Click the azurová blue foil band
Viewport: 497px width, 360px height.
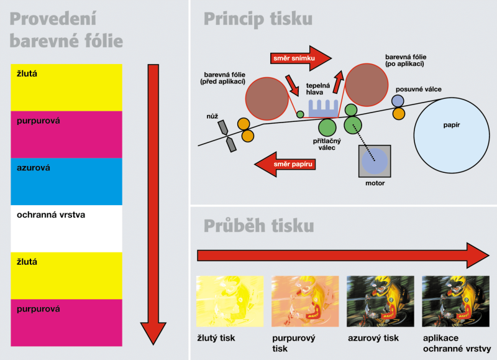point(66,181)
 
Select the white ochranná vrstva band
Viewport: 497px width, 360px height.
point(66,228)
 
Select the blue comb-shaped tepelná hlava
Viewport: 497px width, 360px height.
point(322,106)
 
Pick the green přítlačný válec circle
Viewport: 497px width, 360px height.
point(327,127)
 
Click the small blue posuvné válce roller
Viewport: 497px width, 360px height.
point(398,101)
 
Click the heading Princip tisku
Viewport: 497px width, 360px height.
point(258,19)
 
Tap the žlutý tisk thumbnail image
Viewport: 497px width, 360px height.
point(230,301)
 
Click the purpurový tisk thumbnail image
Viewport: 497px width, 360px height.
point(305,301)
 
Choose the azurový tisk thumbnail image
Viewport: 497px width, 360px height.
point(380,301)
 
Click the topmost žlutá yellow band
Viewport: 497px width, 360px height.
point(66,86)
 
